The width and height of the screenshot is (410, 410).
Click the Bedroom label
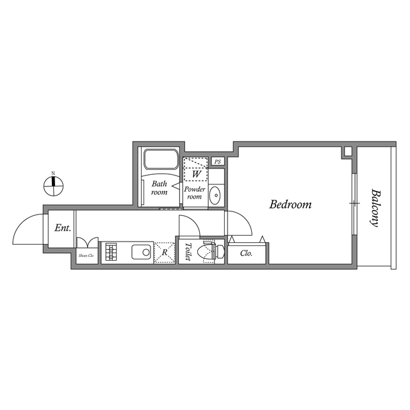click(290, 205)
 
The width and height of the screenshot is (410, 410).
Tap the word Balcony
click(375, 208)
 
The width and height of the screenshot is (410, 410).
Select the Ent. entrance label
click(63, 227)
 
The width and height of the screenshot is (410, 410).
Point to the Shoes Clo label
click(86, 255)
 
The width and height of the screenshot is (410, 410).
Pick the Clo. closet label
click(246, 253)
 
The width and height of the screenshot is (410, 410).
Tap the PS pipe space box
click(218, 162)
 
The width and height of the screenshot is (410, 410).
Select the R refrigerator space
click(165, 252)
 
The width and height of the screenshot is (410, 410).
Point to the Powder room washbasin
click(215, 194)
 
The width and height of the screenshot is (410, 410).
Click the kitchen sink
click(142, 251)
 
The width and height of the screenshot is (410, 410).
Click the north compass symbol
click(54, 185)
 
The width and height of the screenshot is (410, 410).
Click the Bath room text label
click(159, 188)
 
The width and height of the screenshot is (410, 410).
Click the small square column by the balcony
click(347, 152)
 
